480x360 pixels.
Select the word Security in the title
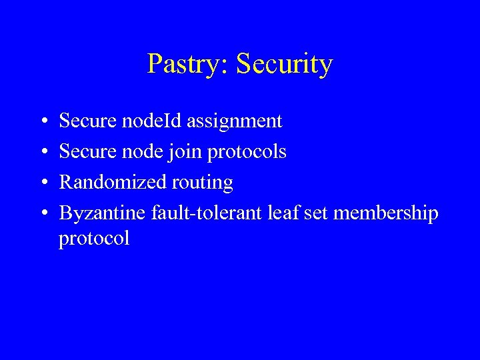pyautogui.click(x=284, y=65)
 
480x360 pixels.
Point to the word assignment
pyautogui.click(x=235, y=121)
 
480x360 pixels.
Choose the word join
pyautogui.click(x=189, y=152)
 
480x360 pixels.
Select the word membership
pyautogui.click(x=386, y=213)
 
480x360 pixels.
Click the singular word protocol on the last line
pyautogui.click(x=94, y=239)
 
